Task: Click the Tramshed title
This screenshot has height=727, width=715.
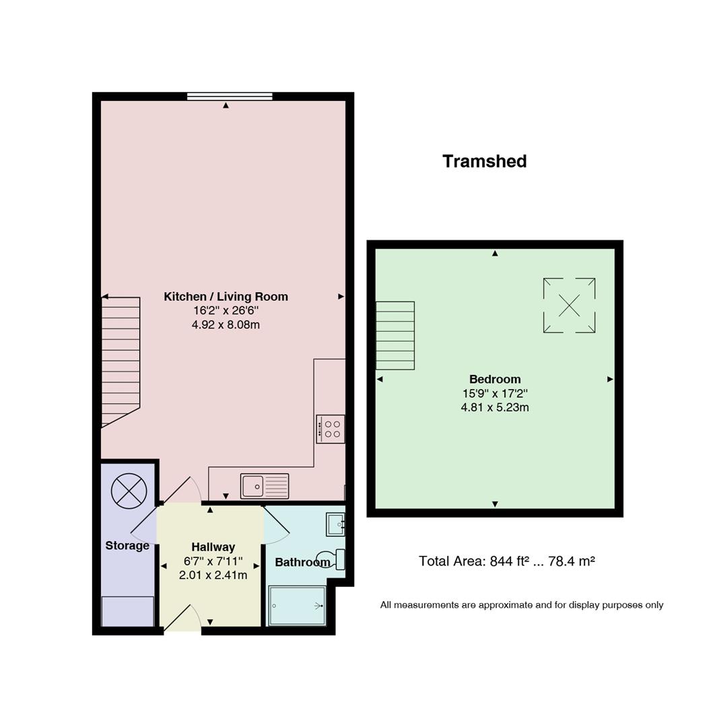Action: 485,162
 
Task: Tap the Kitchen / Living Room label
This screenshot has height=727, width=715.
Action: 226,297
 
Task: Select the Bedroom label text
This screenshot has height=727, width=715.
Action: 495,379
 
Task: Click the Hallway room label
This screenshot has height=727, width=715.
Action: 213,547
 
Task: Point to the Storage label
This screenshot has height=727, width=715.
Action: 127,546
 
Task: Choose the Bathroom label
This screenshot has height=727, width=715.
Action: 302,562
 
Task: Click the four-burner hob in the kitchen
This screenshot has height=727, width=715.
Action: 331,429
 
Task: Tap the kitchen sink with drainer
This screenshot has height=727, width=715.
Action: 265,486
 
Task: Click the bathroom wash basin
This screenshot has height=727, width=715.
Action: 335,524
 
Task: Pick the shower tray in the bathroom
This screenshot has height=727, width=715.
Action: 297,606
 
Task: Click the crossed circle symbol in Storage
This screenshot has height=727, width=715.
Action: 129,491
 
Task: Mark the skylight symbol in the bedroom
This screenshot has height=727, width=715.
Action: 570,306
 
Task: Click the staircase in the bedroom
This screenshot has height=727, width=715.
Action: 395,336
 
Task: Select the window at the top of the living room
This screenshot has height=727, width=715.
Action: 230,96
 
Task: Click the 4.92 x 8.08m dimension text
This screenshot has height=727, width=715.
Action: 226,324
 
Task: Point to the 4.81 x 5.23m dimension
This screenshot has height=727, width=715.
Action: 495,407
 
